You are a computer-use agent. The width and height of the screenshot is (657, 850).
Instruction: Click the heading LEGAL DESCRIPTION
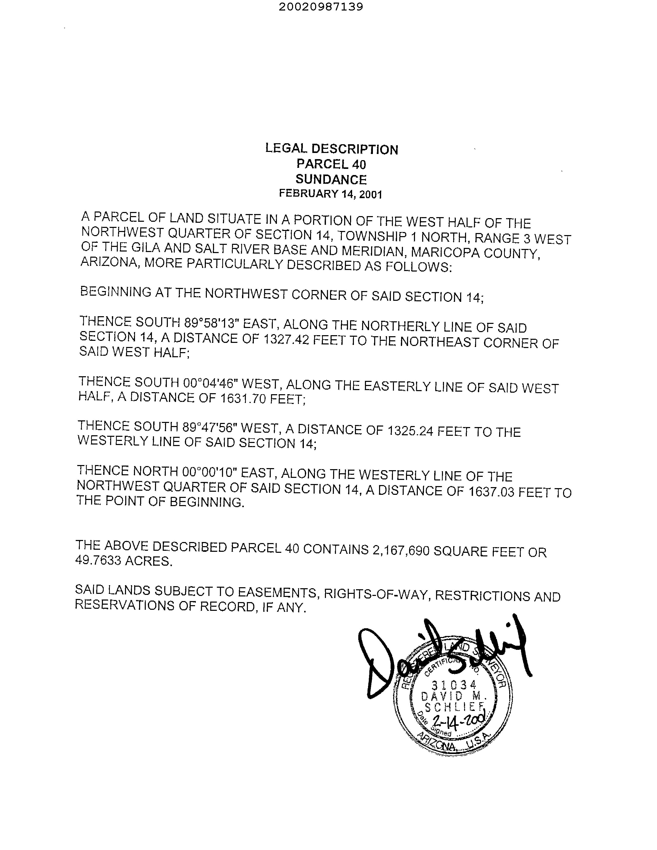332,149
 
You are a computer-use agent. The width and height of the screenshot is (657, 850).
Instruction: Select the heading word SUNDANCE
331,179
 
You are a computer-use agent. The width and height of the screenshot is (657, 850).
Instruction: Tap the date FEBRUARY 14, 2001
331,194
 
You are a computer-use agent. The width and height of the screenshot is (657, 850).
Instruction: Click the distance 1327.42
286,340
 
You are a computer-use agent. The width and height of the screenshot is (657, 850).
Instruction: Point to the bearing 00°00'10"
209,472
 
